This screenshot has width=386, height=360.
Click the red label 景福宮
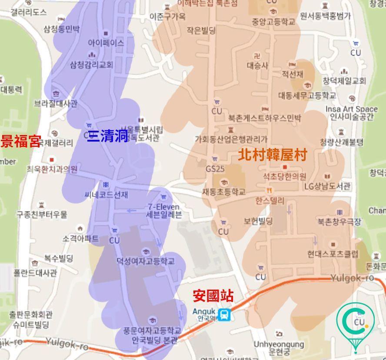pos(21,141)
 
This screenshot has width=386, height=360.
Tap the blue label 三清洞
pos(108,136)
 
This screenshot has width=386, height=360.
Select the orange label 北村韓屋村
pos(272,155)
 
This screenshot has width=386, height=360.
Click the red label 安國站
pos(213,296)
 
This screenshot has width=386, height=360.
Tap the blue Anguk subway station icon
pos(224,314)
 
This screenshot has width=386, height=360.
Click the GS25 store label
pos(215,169)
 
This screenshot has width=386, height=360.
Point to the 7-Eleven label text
pos(163,207)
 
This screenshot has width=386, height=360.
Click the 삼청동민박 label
pos(62,29)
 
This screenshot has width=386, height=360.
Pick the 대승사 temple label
pos(258,66)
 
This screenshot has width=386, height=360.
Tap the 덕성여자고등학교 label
pos(145,261)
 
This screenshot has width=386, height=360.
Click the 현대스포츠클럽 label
pos(333,254)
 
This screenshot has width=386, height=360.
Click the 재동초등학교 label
pos(223,191)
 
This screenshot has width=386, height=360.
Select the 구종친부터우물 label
pos(42,214)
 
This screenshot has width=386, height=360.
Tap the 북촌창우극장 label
pos(339,222)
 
